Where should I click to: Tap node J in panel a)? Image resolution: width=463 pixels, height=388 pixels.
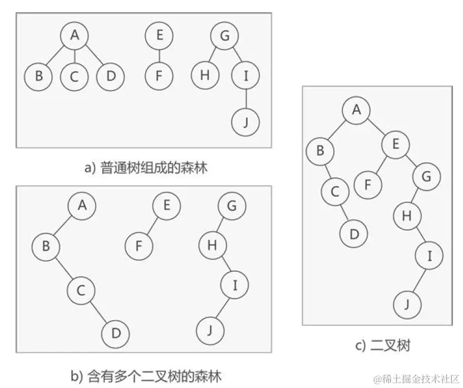(246, 121)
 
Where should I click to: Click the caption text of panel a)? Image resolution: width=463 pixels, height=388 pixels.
(146, 167)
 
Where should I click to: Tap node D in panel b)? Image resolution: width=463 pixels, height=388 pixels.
(116, 334)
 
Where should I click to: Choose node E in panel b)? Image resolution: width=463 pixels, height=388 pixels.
(166, 206)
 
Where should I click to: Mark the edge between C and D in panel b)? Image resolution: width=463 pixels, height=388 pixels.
(99, 312)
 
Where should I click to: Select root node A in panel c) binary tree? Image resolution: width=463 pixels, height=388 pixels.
(356, 110)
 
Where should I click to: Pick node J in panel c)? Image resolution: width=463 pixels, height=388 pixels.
(407, 304)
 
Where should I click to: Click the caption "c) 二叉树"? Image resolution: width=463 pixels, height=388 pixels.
(382, 346)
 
